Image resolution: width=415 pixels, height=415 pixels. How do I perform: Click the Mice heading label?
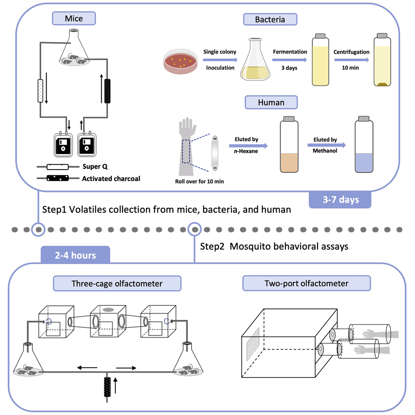(x=74, y=18)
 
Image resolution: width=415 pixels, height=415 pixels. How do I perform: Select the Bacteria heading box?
(x=270, y=19)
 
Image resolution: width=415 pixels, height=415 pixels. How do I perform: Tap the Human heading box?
(x=271, y=102)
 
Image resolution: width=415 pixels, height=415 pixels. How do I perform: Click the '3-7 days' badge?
(x=340, y=200)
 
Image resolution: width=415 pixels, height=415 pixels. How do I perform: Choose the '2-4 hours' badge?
(x=75, y=255)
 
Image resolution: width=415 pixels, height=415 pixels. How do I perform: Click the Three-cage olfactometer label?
(x=117, y=284)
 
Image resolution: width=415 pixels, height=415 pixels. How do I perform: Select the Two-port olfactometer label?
(x=307, y=284)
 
